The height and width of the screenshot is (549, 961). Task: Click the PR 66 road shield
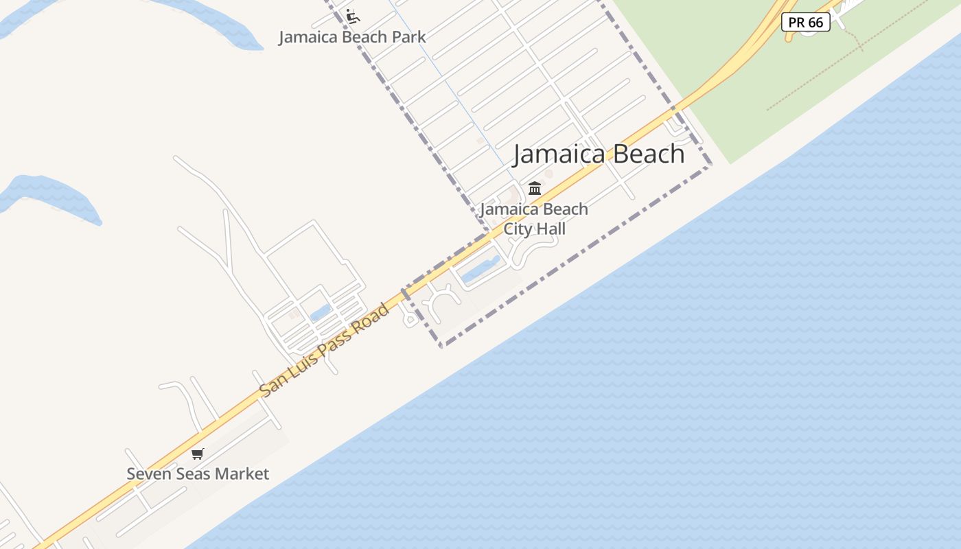806,22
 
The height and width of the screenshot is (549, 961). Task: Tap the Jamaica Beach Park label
352,37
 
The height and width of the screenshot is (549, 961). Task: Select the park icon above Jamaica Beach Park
353,16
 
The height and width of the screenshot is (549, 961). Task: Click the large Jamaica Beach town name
599,154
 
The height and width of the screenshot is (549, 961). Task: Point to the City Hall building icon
535,188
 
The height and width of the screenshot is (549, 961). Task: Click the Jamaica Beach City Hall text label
534,219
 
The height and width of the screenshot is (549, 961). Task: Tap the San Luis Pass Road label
324,350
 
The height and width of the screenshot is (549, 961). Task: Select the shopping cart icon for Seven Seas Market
198,454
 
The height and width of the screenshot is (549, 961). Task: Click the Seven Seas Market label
198,474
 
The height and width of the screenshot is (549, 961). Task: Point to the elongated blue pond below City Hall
480,269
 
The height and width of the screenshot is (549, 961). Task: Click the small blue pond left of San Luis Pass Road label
320,314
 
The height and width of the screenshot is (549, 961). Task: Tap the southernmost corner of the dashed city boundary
441,345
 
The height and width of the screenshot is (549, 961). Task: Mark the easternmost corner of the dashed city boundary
710,165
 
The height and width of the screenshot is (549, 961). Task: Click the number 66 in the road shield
815,22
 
